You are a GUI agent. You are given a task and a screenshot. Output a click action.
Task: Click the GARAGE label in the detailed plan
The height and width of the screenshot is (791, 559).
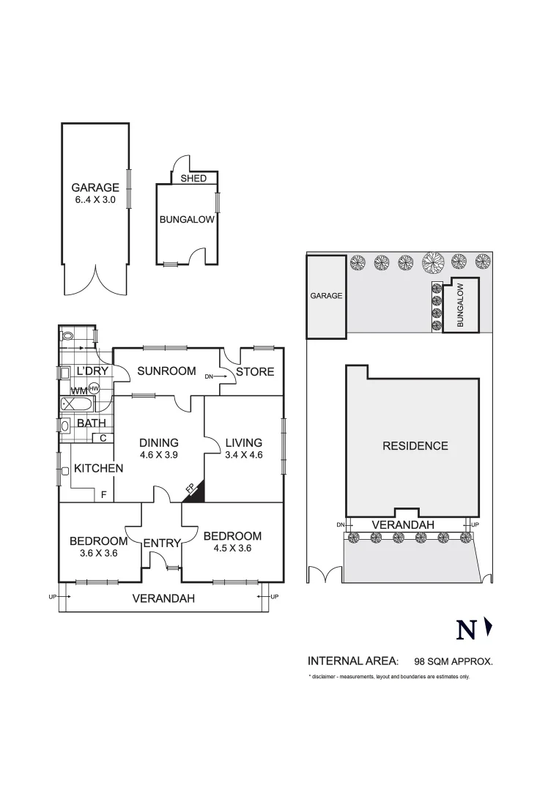pyautogui.click(x=95, y=187)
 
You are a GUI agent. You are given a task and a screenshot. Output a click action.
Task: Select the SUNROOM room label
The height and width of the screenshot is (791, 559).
pyautogui.click(x=166, y=371)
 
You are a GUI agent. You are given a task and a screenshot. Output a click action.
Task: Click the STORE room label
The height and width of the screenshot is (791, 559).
pyautogui.click(x=255, y=371)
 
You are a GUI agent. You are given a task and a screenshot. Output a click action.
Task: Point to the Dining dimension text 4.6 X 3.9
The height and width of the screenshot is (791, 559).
pyautogui.click(x=159, y=454)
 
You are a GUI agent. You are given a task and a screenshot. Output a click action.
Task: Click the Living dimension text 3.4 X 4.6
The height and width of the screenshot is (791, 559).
pyautogui.click(x=243, y=454)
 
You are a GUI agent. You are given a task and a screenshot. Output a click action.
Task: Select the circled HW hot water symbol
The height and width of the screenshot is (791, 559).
pyautogui.click(x=94, y=389)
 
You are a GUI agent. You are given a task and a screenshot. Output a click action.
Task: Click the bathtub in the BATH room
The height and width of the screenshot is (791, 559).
pyautogui.click(x=76, y=404)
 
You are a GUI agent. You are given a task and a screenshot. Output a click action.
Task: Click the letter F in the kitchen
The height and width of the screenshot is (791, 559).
pyautogui.click(x=103, y=495)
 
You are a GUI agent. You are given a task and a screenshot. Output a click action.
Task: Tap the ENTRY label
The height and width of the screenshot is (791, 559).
pyautogui.click(x=161, y=543)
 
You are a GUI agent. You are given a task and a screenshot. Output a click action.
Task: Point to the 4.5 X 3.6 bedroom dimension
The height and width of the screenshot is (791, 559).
pyautogui.click(x=232, y=548)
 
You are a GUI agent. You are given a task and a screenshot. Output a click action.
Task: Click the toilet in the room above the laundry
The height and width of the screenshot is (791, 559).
pyautogui.click(x=68, y=335)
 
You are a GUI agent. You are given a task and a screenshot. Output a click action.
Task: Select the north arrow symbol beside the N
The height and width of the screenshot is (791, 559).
pyautogui.click(x=489, y=628)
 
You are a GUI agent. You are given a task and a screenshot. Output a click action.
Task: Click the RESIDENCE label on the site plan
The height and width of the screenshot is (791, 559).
pyautogui.click(x=415, y=445)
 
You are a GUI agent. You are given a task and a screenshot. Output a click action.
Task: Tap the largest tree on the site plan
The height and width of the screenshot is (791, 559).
pyautogui.click(x=433, y=261)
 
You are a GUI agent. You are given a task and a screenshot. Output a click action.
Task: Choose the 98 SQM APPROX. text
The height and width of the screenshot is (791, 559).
pyautogui.click(x=454, y=660)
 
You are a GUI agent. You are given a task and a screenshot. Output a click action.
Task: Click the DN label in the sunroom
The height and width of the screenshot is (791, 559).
pyautogui.click(x=209, y=376)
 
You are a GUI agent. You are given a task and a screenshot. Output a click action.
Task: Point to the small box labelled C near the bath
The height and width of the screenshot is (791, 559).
pyautogui.click(x=103, y=438)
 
